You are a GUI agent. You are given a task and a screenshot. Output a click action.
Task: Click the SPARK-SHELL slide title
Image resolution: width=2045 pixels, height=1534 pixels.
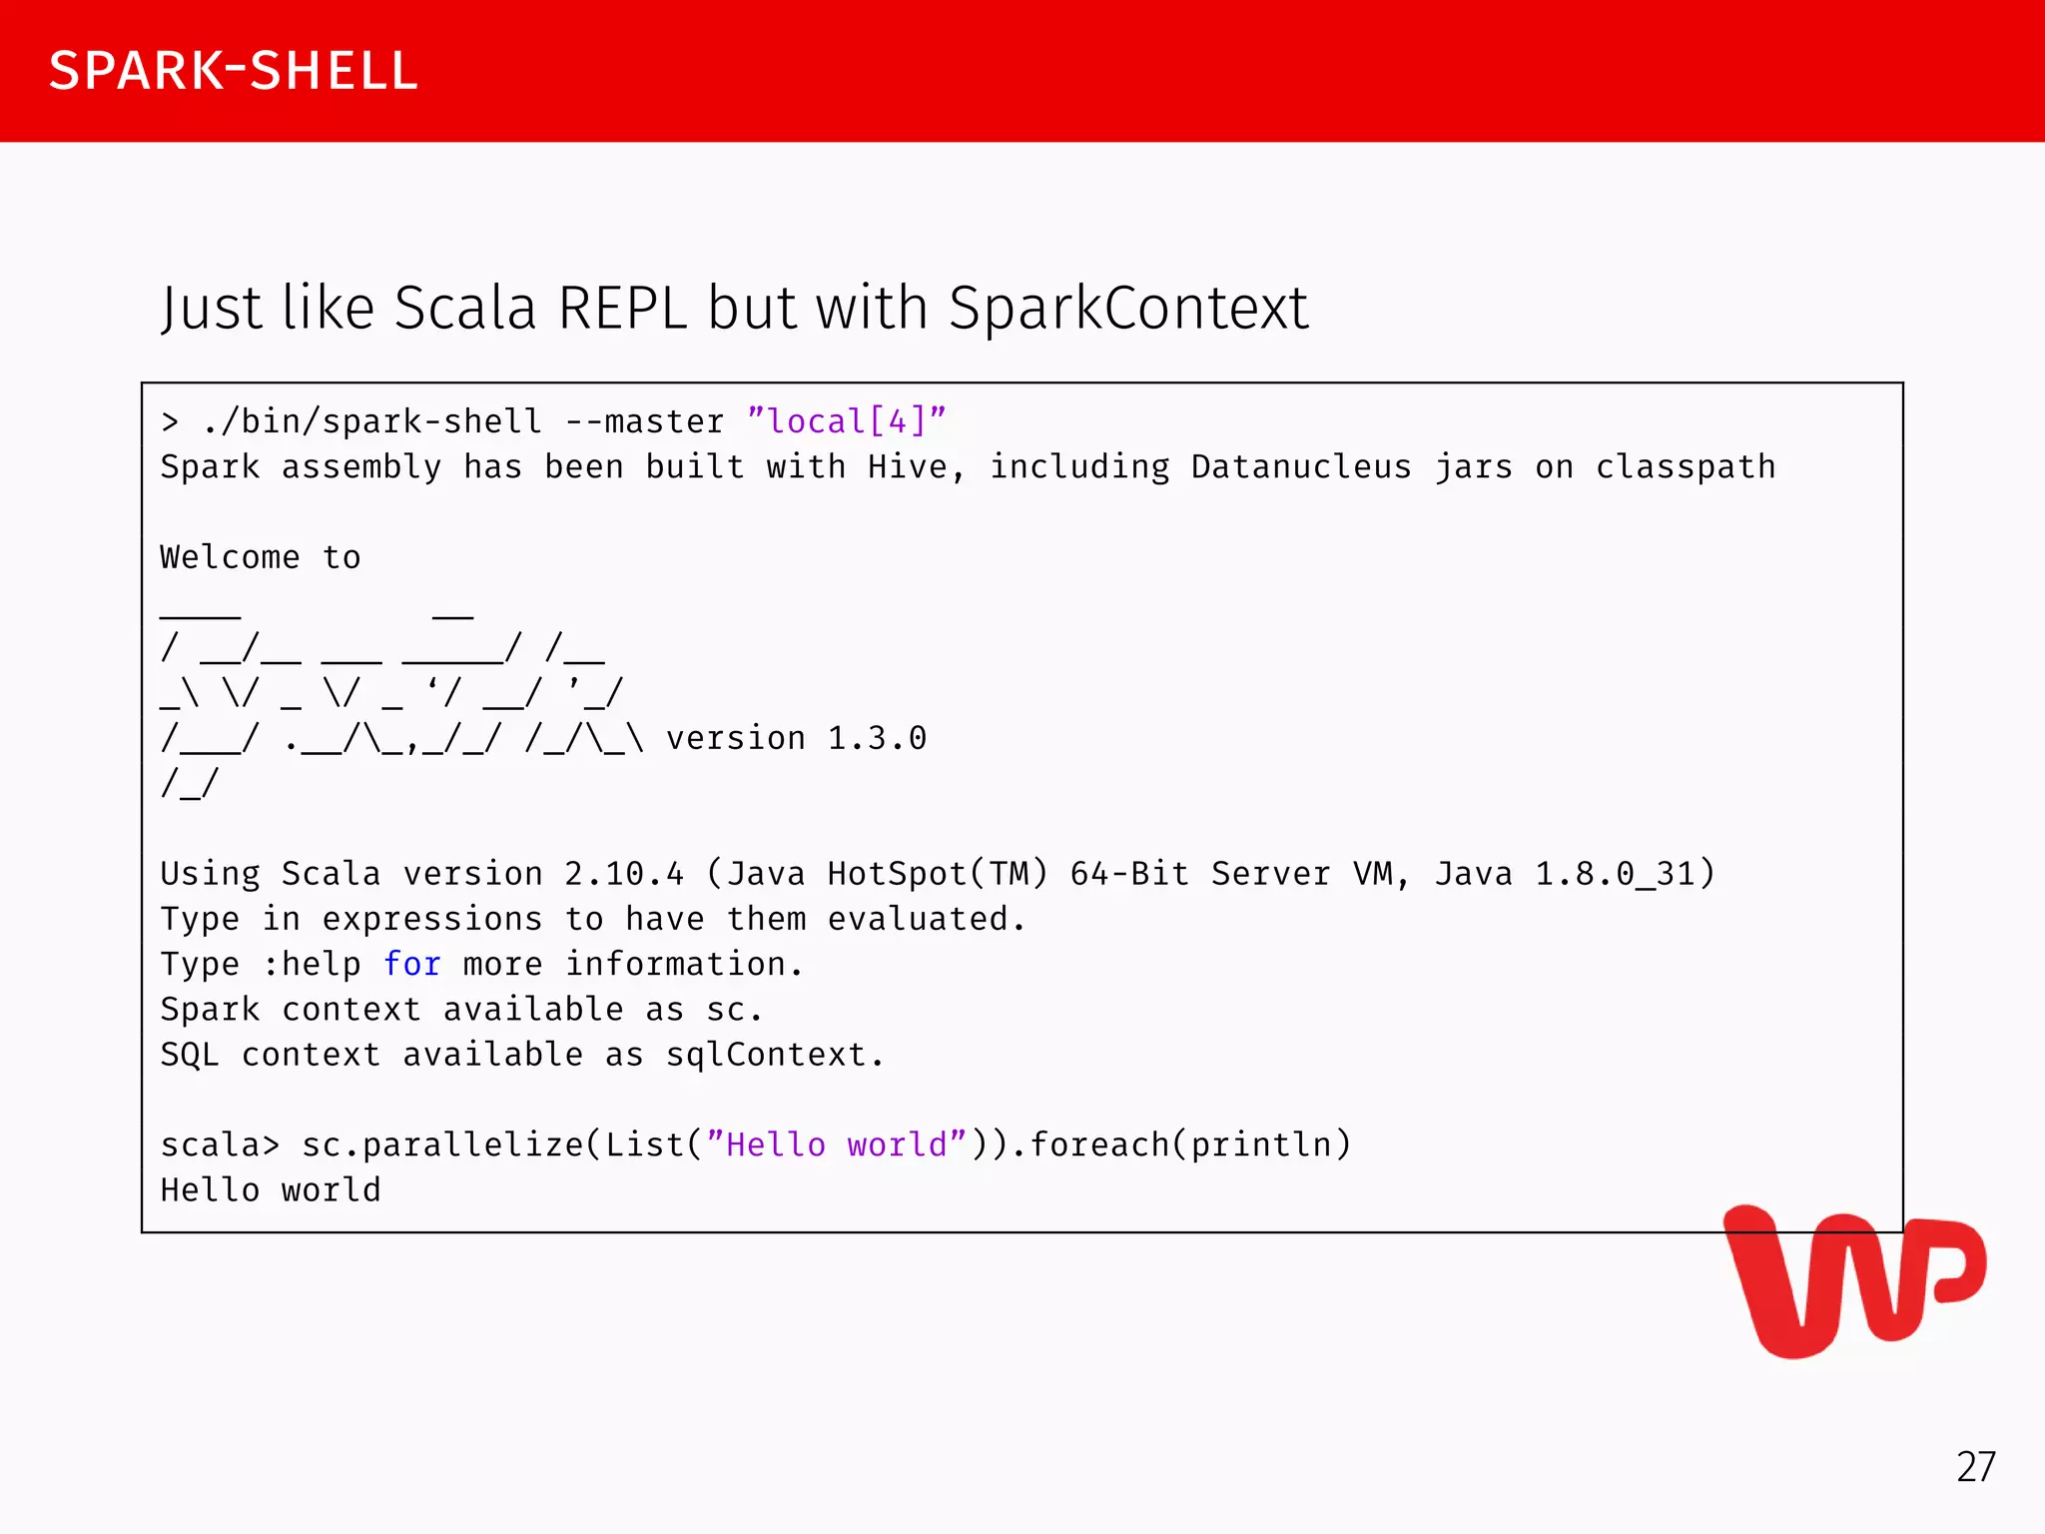coord(233,71)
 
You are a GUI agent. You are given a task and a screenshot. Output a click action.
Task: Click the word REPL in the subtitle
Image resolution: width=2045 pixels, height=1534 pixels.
coord(622,308)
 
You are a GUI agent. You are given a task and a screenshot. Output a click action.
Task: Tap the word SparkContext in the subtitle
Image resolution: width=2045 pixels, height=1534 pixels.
coord(1127,308)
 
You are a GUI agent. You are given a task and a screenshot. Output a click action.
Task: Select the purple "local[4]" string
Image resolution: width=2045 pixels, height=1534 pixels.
coord(846,421)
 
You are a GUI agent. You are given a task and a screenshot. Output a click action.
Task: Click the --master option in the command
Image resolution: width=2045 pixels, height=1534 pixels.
coord(644,421)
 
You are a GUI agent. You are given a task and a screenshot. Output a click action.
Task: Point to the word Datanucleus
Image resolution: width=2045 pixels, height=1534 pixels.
coord(1300,466)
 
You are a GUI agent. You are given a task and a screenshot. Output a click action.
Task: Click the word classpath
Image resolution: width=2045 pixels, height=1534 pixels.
coord(1685,466)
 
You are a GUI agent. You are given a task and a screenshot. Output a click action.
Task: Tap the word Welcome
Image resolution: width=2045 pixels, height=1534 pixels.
coord(230,556)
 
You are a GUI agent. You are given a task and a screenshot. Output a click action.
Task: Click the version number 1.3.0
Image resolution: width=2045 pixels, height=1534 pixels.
coord(877,738)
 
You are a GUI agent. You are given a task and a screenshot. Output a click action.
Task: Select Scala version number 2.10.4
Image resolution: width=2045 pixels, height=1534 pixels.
coord(624,874)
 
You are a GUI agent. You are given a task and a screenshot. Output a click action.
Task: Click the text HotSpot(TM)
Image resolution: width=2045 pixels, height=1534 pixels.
coord(937,874)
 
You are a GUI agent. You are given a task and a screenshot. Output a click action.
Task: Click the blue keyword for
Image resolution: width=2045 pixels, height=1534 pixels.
coord(411,964)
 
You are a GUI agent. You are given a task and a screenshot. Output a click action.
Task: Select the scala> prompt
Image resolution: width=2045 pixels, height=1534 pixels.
coord(220,1145)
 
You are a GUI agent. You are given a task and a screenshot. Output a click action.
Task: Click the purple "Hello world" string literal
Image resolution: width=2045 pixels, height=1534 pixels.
coord(836,1145)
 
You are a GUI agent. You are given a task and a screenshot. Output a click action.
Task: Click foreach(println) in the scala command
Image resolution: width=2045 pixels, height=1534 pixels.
coord(1189,1145)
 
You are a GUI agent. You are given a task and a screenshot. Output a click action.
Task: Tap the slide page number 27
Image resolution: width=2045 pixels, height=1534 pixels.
coord(1975,1467)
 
